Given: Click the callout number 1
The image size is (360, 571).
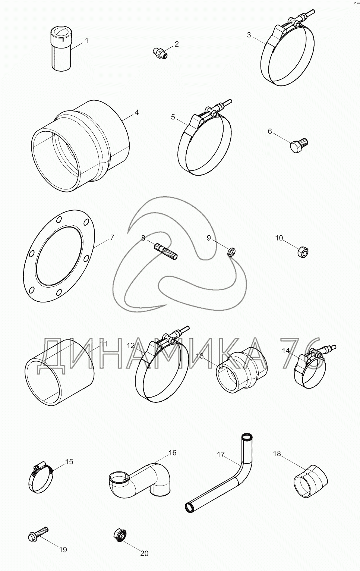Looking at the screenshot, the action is [x=87, y=40].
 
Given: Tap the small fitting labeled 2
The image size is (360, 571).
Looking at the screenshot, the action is [x=161, y=53].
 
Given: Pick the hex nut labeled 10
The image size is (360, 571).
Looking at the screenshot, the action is [x=303, y=252].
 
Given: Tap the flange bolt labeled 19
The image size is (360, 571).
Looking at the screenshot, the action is [x=38, y=534].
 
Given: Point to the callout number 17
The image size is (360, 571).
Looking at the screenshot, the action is [x=221, y=455].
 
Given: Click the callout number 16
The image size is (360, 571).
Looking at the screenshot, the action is [x=172, y=453].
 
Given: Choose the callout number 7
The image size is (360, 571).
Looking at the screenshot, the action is [x=112, y=237].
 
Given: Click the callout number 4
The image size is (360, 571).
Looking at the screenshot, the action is [x=137, y=112].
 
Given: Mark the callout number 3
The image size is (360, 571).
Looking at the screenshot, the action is [x=249, y=35].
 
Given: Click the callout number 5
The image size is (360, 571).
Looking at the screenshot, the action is [x=173, y=117].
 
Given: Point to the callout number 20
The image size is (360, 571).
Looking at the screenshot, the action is [x=144, y=553].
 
